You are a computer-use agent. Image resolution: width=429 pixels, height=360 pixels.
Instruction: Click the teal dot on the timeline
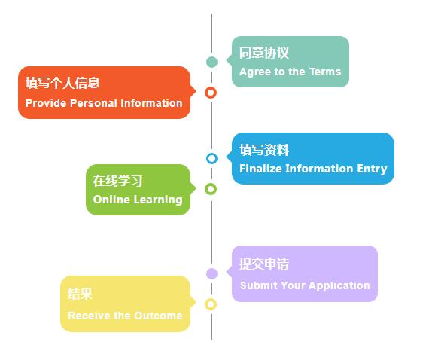click(211, 62)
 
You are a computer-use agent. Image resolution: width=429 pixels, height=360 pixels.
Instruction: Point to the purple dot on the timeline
click(211, 273)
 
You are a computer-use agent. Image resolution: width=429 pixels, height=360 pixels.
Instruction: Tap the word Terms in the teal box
click(325, 72)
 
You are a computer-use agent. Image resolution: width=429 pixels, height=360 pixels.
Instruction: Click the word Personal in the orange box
click(94, 103)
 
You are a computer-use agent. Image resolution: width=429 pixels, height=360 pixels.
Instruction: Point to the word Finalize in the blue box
click(260, 169)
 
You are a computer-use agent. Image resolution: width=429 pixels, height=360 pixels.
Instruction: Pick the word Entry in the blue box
click(372, 169)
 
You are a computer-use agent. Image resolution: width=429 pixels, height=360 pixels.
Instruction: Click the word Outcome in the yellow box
click(158, 316)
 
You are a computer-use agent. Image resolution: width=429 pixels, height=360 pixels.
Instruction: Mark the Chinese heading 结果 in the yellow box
click(80, 294)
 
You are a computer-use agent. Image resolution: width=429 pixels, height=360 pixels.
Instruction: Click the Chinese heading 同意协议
click(264, 53)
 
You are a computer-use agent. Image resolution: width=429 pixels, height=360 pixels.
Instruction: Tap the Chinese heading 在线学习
click(117, 181)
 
